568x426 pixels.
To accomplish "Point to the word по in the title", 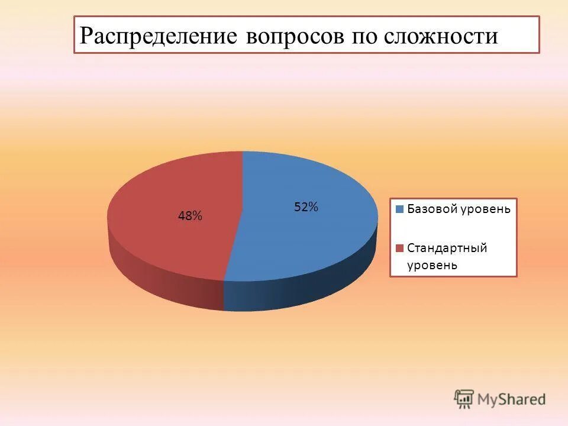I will click(366, 37).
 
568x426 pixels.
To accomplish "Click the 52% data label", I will click(306, 207).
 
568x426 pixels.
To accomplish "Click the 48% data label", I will click(190, 217).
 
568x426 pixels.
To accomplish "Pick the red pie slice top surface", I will click(172, 195).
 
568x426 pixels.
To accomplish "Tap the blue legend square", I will click(399, 209).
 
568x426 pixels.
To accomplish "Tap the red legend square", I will click(399, 247).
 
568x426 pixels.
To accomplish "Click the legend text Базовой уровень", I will click(458, 209).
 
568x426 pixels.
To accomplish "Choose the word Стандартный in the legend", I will click(447, 247).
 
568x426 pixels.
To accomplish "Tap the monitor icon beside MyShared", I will click(464, 399).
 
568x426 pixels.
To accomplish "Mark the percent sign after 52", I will click(314, 207).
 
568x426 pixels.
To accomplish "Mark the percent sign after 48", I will click(198, 217).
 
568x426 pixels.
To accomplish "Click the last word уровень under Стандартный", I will click(432, 264).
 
